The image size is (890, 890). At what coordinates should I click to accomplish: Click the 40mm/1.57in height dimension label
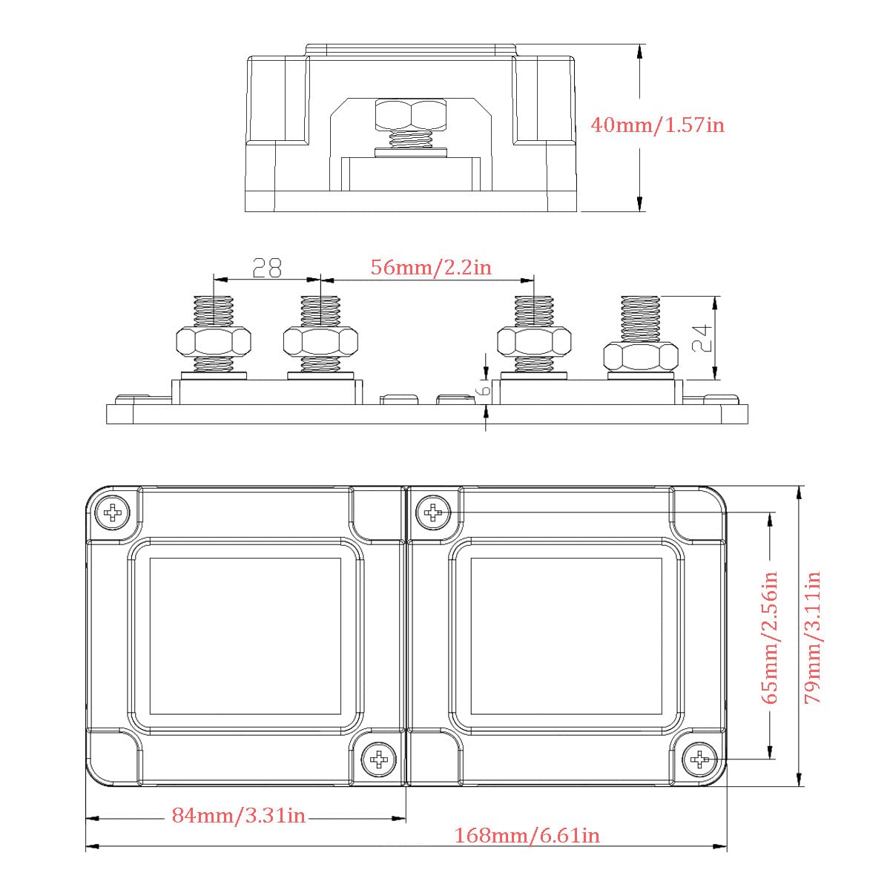[657, 125]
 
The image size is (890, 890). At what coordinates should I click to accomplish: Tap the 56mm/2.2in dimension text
[431, 268]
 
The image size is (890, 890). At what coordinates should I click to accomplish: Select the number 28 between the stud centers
[267, 268]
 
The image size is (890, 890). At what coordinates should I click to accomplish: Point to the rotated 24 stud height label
[702, 337]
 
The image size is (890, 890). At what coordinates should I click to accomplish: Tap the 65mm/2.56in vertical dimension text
[769, 637]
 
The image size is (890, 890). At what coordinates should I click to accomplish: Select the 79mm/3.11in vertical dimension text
[812, 637]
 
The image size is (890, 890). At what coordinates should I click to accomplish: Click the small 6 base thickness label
[484, 390]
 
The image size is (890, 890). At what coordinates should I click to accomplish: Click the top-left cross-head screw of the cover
[112, 512]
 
